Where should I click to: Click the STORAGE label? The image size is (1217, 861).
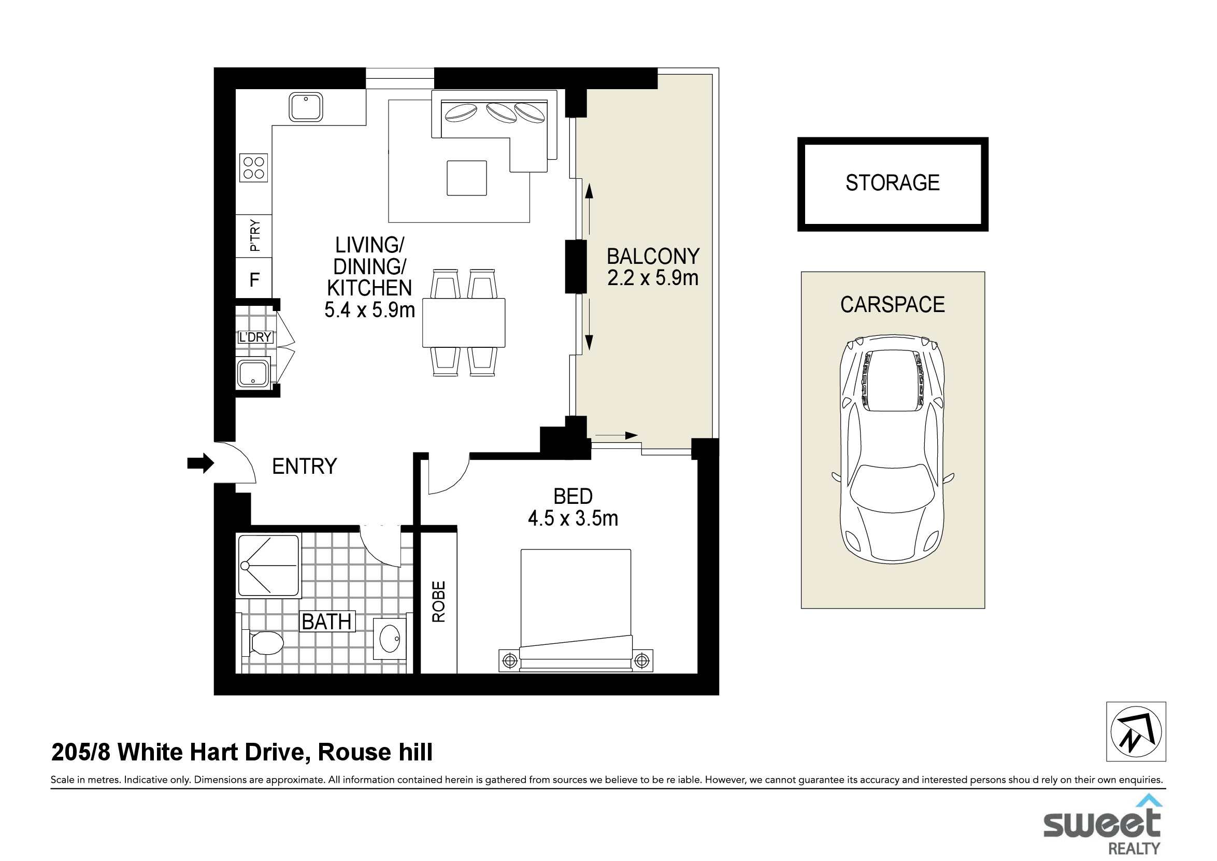click(x=893, y=183)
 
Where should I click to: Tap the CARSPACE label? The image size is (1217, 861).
click(x=893, y=305)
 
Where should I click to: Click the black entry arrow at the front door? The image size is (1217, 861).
click(x=201, y=463)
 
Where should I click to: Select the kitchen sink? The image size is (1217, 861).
click(x=306, y=107)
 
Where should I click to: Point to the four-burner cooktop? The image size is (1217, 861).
click(x=254, y=167)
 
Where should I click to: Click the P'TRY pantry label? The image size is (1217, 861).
click(x=255, y=235)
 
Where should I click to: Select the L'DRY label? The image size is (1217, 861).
click(x=255, y=337)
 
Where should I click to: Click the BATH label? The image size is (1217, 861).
click(x=326, y=622)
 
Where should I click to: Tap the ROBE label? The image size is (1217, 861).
click(x=439, y=602)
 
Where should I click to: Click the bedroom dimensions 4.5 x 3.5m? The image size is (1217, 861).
click(x=573, y=518)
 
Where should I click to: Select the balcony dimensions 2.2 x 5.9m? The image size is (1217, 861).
click(x=653, y=278)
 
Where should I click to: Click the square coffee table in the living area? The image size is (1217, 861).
click(x=467, y=178)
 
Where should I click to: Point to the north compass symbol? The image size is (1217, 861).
click(x=1136, y=731)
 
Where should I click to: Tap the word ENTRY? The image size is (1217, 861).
click(x=305, y=467)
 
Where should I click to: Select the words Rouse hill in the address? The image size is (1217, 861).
click(x=375, y=752)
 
